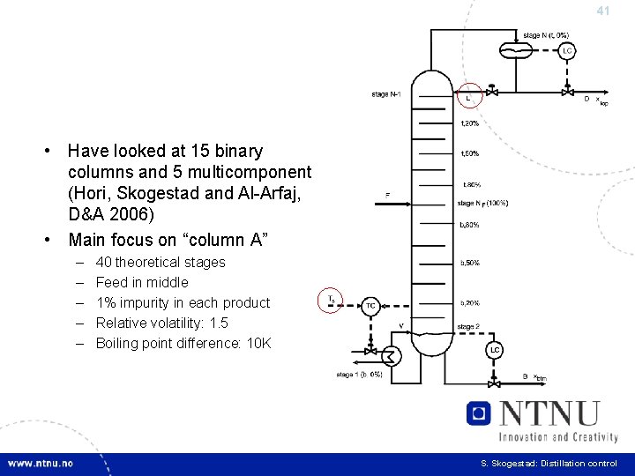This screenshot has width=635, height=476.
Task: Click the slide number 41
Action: [x=603, y=11]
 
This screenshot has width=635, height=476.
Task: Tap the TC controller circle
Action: [x=371, y=306]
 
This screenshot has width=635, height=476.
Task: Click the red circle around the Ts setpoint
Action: [x=331, y=300]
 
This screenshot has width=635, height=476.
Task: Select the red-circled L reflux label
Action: [x=468, y=94]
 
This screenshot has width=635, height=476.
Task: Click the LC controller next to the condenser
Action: [x=567, y=51]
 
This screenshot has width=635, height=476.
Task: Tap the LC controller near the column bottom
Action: [x=495, y=350]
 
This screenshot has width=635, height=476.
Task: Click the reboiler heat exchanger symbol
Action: [x=391, y=356]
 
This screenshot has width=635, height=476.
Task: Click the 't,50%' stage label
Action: [x=469, y=153]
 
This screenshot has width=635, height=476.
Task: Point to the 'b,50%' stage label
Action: [x=469, y=263]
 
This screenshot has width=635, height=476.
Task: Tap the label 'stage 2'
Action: [x=467, y=327]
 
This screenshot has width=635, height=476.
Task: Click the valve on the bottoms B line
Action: [x=495, y=382]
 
